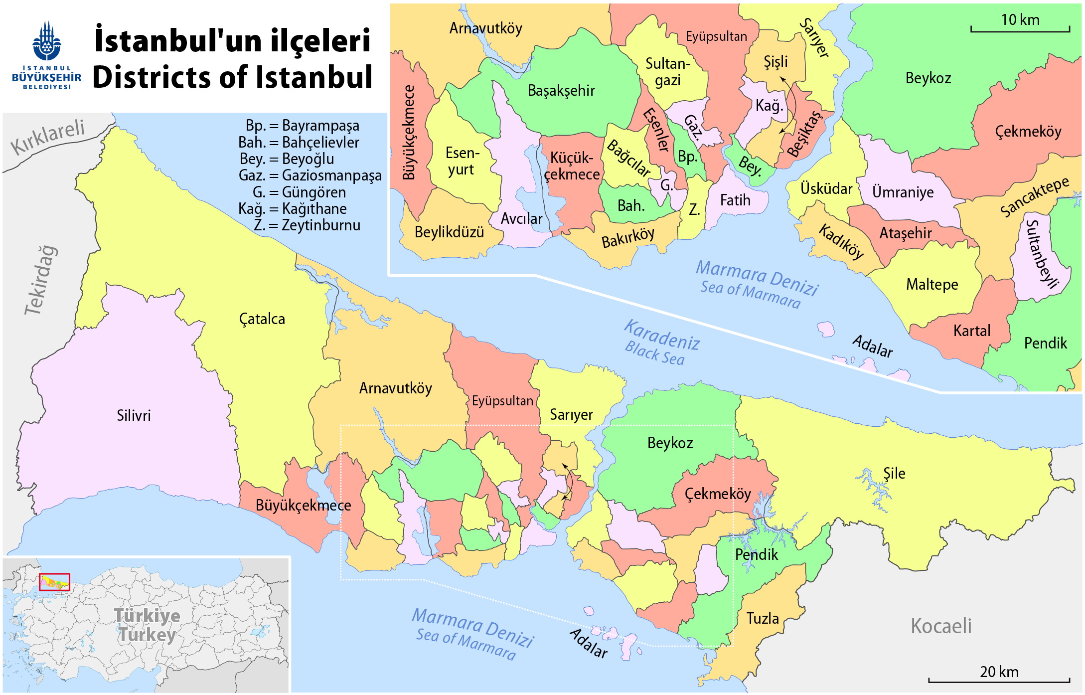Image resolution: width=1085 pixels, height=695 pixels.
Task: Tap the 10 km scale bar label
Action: click(1020, 20)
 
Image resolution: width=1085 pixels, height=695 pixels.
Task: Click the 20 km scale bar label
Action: click(999, 672)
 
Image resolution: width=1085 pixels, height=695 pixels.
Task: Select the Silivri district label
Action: click(134, 415)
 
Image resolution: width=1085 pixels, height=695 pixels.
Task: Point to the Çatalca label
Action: click(262, 319)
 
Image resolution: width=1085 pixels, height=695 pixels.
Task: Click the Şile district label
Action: click(894, 473)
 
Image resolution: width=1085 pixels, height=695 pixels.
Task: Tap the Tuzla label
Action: click(762, 618)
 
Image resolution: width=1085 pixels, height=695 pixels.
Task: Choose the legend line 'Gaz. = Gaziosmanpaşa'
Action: click(310, 175)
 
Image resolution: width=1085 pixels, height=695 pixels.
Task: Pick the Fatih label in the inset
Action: click(735, 200)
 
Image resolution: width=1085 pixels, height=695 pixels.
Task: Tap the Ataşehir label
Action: click(905, 233)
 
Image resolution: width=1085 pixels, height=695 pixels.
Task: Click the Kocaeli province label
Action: click(941, 626)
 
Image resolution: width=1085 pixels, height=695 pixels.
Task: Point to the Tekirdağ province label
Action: click(41, 280)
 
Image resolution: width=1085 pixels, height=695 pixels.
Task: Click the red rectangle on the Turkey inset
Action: click(54, 582)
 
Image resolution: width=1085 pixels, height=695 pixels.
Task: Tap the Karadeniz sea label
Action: click(662, 335)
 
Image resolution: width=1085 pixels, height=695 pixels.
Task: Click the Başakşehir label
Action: click(561, 91)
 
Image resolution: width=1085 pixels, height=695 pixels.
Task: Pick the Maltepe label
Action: click(931, 285)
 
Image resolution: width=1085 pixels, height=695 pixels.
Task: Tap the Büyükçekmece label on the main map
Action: click(303, 506)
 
